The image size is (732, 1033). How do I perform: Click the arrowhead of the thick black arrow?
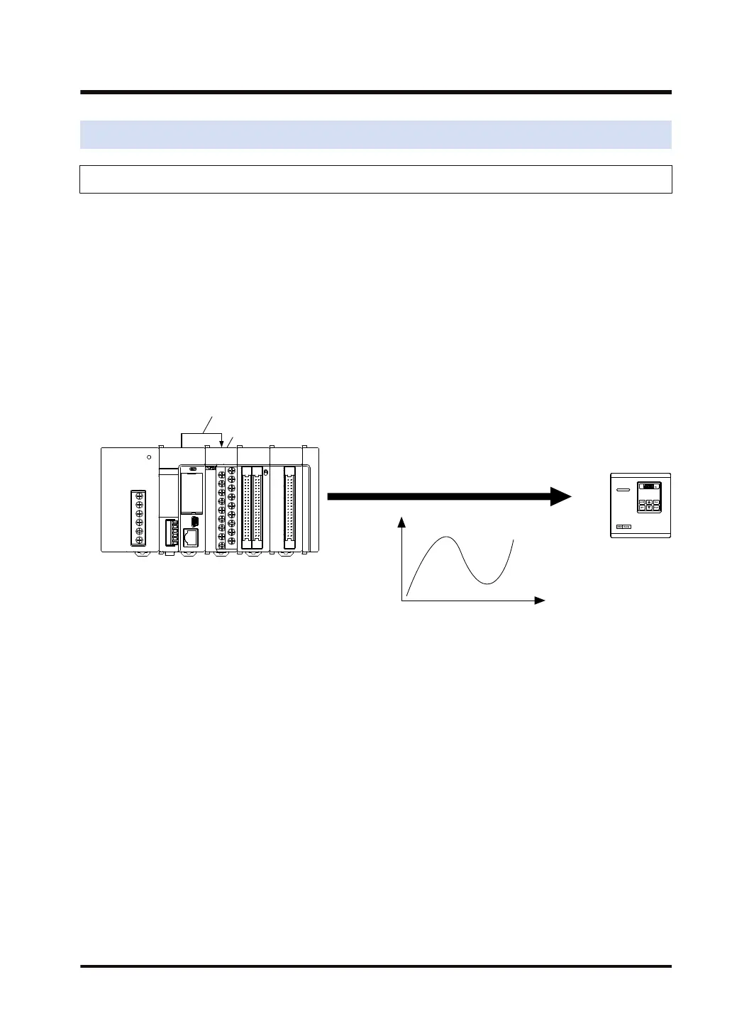pos(561,497)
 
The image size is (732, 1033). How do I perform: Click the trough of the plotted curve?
pos(487,583)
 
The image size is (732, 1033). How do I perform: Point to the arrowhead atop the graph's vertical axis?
pos(402,523)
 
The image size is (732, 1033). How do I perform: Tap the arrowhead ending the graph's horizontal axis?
pos(540,601)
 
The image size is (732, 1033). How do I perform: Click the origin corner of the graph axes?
pos(402,601)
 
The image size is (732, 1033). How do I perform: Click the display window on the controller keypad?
pos(648,486)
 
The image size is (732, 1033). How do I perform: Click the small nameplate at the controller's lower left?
pos(623,526)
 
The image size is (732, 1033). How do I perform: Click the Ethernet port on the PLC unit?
pos(190,537)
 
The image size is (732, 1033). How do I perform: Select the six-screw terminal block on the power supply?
pos(138,518)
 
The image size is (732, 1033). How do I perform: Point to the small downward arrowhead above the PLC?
pos(221,445)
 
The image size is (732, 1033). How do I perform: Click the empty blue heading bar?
pos(375,135)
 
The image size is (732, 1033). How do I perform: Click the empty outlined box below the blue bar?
pos(375,179)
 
